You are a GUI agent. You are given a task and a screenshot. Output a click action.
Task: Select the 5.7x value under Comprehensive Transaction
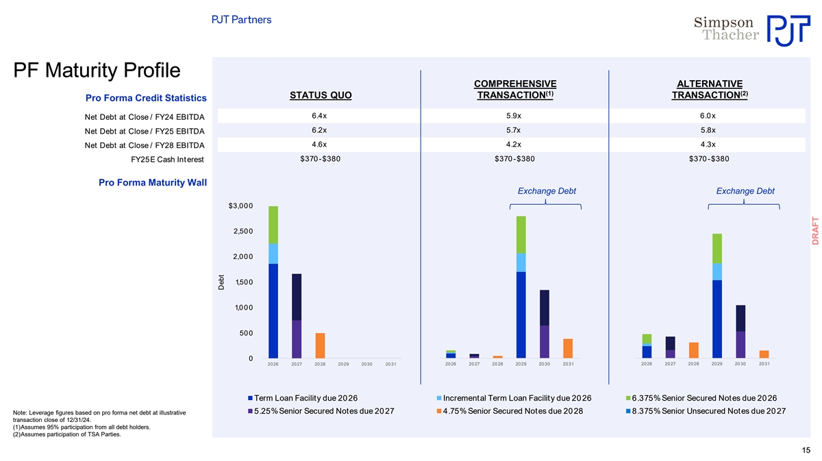[x=514, y=130]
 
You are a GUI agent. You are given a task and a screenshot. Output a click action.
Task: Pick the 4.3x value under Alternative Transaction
[x=708, y=145]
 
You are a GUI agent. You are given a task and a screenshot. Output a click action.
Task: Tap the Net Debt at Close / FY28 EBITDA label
[x=145, y=145]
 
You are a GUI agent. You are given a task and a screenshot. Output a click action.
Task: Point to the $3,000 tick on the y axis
[x=240, y=206]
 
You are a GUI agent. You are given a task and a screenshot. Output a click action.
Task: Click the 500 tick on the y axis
[x=245, y=334]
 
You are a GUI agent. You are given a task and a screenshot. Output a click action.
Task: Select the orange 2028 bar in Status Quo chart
[x=320, y=345]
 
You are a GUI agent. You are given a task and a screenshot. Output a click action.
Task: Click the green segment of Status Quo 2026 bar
[x=273, y=225]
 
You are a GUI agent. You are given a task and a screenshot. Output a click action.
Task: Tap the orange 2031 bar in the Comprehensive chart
[x=568, y=348]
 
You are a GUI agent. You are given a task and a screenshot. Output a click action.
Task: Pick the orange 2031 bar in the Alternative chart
[x=764, y=354]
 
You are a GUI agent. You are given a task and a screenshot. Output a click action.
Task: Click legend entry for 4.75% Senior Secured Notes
[x=512, y=411]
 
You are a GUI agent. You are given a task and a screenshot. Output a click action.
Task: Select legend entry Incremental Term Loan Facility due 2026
[x=517, y=398]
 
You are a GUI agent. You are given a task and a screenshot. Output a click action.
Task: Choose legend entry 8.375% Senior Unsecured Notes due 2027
[x=708, y=411]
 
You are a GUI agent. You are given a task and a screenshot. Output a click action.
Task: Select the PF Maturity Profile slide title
[x=97, y=71]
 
